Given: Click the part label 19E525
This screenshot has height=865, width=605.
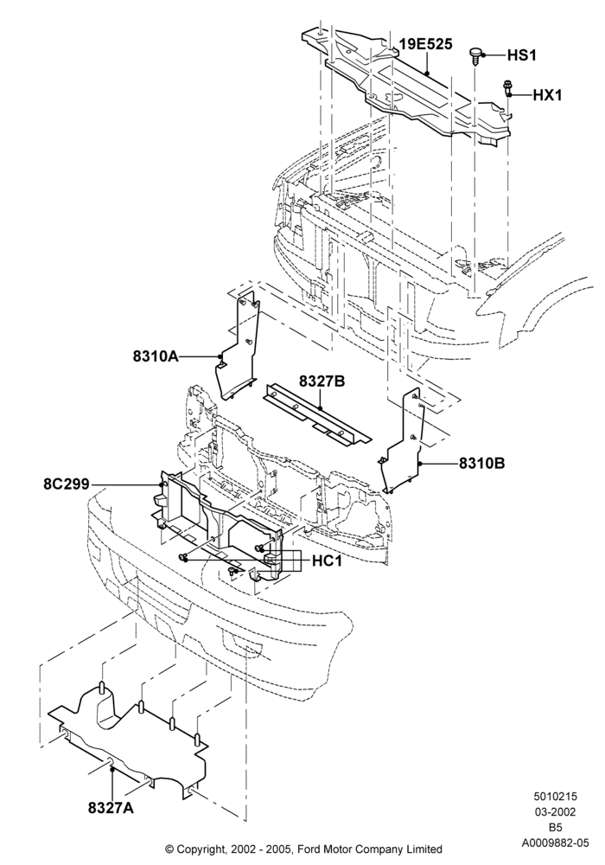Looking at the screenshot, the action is click(426, 44).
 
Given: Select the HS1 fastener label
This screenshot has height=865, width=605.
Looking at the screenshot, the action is click(521, 55).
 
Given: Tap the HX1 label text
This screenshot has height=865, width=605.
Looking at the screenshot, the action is click(547, 95).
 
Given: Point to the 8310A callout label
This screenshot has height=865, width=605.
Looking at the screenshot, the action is click(156, 356).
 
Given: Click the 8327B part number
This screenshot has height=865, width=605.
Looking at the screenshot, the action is click(322, 381).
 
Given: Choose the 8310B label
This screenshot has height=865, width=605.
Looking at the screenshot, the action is click(482, 463).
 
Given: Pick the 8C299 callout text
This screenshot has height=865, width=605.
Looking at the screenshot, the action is click(67, 484).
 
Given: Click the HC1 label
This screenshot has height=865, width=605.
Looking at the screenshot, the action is click(328, 561).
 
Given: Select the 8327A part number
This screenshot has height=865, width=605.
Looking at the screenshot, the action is click(111, 808).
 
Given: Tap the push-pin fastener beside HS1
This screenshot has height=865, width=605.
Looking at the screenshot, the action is click(475, 54).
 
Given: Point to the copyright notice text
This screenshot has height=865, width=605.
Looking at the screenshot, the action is click(303, 849).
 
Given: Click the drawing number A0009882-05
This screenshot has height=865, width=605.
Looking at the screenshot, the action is click(556, 843).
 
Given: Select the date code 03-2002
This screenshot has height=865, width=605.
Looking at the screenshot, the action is click(555, 812).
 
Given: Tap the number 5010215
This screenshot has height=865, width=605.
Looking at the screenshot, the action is click(555, 797).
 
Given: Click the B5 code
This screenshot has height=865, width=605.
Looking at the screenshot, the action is click(555, 828).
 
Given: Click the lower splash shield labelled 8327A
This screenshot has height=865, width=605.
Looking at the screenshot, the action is click(128, 740).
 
